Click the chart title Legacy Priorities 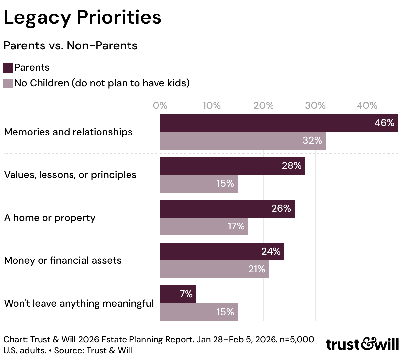tap(82, 18)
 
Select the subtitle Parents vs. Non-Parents tap(71, 45)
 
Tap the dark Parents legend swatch tap(8, 68)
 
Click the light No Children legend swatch tap(8, 84)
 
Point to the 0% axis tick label tap(160, 105)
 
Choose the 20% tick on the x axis tap(264, 105)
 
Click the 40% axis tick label tap(367, 105)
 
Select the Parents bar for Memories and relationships tap(279, 123)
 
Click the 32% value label tap(312, 140)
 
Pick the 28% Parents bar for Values tap(233, 166)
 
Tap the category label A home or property tap(50, 218)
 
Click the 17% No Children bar tap(204, 226)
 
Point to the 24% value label tap(271, 252)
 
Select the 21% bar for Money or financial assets tap(215, 269)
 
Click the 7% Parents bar tap(178, 294)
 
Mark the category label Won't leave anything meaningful tap(79, 304)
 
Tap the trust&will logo tap(362, 344)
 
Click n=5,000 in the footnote tap(297, 340)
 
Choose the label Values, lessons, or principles tap(70, 175)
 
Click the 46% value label tap(384, 123)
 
